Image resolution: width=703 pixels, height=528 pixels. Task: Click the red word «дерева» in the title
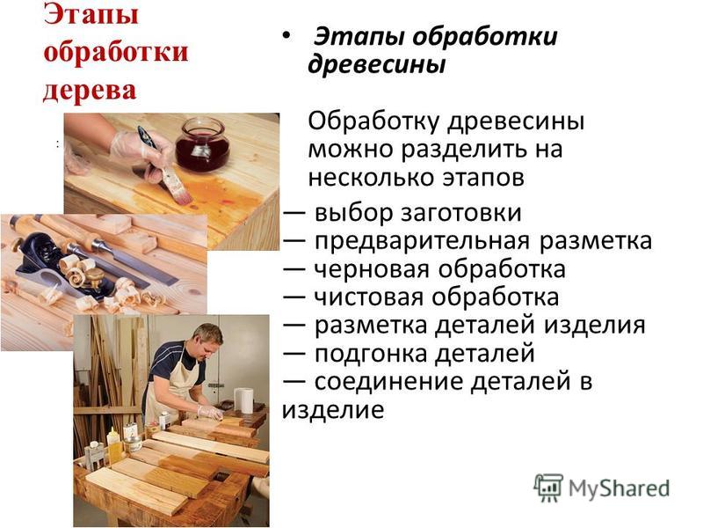[x=90, y=90]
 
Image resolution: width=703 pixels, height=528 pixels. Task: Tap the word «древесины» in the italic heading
[x=377, y=63]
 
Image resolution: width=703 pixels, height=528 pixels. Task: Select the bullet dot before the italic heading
[x=286, y=35]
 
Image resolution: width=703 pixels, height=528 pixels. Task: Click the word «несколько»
[x=371, y=178]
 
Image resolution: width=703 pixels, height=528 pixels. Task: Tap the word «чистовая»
[x=368, y=297]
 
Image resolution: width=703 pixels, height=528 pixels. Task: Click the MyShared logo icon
[x=547, y=488]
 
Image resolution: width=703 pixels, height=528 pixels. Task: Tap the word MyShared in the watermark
[x=620, y=488]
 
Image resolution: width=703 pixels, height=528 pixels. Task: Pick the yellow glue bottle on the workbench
[x=113, y=445]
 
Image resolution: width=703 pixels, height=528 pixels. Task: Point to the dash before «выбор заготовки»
[x=294, y=214]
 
